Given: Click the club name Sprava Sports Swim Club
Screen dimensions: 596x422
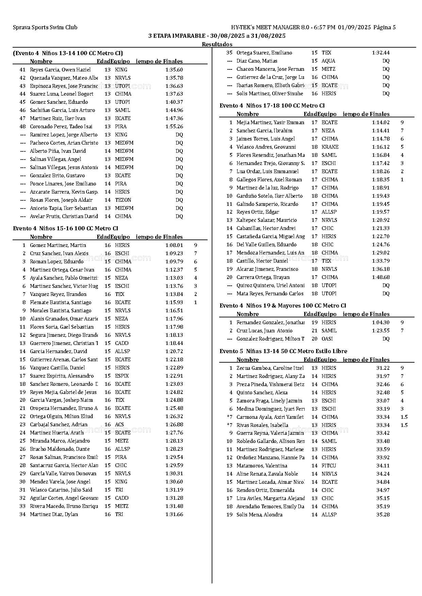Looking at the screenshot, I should pyautogui.click(x=45, y=28).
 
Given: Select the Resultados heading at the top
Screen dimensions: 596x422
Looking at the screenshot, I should pyautogui.click(x=217, y=44).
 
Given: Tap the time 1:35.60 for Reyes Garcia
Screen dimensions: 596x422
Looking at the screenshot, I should pyautogui.click(x=174, y=70).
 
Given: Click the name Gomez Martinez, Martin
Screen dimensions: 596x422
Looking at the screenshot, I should pyautogui.click(x=58, y=245).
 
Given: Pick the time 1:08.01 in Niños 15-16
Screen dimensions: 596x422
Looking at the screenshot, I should pyautogui.click(x=174, y=245).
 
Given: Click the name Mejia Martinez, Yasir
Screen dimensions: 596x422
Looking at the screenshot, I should pyautogui.click(x=270, y=122).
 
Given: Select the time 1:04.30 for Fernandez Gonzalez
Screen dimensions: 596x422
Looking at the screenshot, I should pyautogui.click(x=381, y=322).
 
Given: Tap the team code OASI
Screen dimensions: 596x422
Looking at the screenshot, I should pyautogui.click(x=327, y=339).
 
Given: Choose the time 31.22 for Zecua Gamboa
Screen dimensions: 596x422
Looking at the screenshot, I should pyautogui.click(x=383, y=368).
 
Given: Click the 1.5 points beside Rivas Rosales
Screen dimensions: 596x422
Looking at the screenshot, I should pyautogui.click(x=404, y=425).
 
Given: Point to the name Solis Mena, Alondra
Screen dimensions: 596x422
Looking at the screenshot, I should pyautogui.click(x=259, y=515).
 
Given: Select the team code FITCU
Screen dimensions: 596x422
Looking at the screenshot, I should pyautogui.click(x=329, y=466).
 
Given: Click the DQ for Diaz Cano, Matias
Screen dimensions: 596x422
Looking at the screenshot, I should pyautogui.click(x=386, y=61).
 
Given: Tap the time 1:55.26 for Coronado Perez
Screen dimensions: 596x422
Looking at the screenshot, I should pyautogui.click(x=174, y=127).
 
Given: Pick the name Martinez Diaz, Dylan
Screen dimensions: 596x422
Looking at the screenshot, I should pyautogui.click(x=54, y=514).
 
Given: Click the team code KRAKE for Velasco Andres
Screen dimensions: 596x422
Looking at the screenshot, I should pyautogui.click(x=330, y=147).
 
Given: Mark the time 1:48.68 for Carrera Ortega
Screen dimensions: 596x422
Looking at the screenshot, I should pyautogui.click(x=381, y=277).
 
